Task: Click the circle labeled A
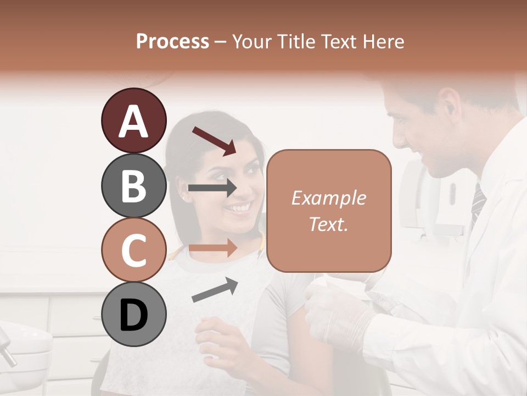tap(133, 120)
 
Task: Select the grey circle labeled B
tap(133, 185)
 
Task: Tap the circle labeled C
tap(133, 250)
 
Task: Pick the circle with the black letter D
tap(133, 315)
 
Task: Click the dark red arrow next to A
tap(214, 140)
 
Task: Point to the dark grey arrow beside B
tap(212, 188)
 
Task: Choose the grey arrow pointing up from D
tap(215, 290)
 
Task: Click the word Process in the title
tap(172, 41)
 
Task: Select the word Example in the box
tap(328, 198)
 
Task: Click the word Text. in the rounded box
tap(328, 224)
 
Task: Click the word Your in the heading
tap(251, 41)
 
